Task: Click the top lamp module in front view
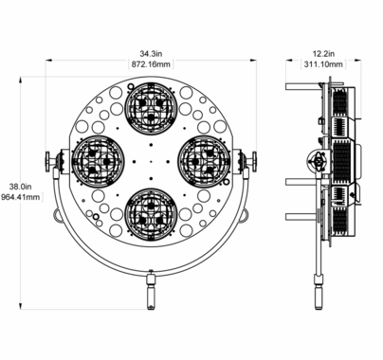point(151,107)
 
